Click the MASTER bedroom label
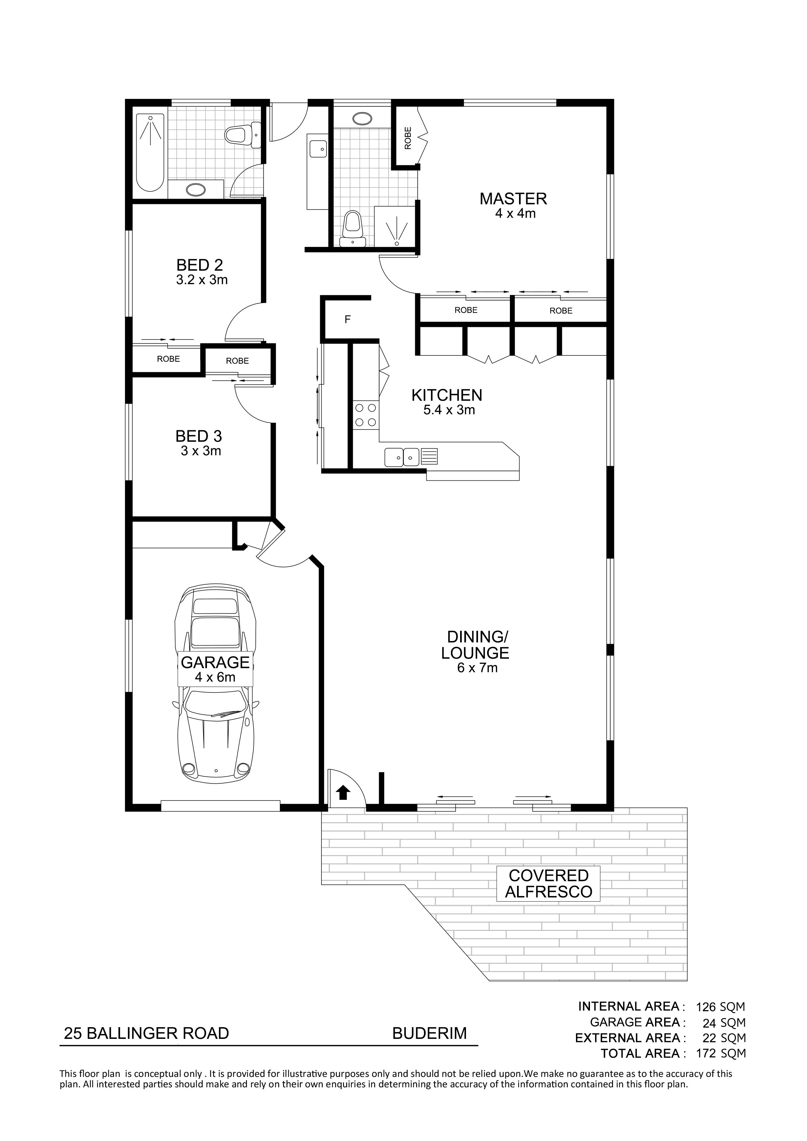[x=513, y=199]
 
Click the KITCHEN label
[x=446, y=395]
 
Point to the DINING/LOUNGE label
[x=476, y=645]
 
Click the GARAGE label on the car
[x=215, y=663]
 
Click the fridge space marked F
[x=348, y=319]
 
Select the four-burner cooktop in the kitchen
[x=365, y=415]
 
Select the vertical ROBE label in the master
[x=408, y=138]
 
